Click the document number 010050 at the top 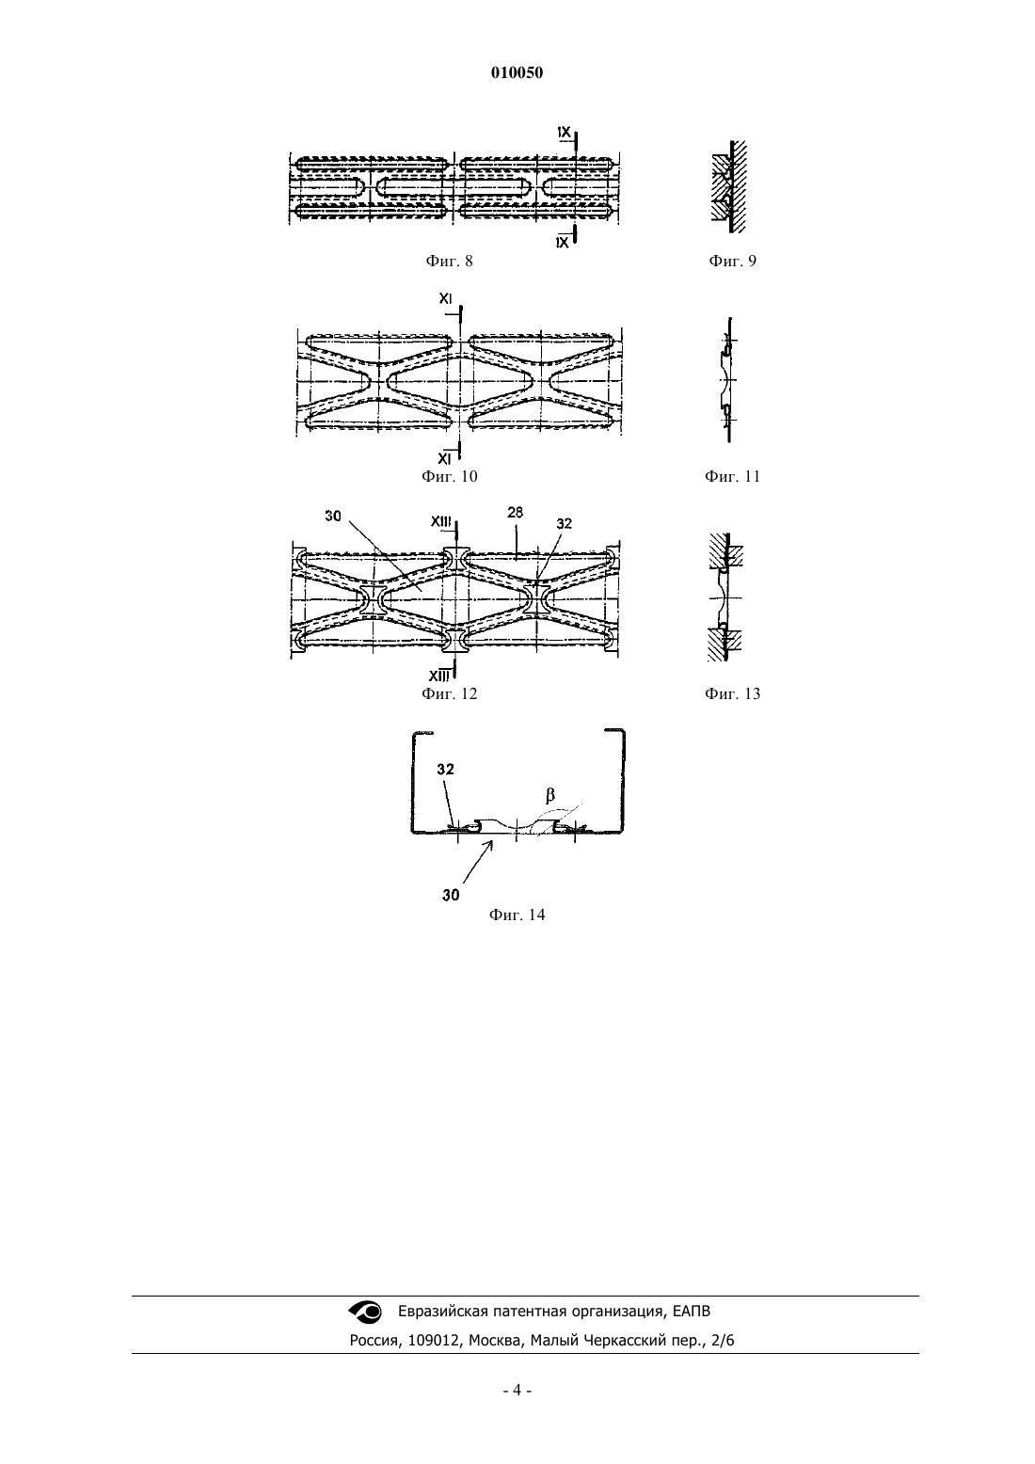tap(517, 72)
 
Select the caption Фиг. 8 tap(449, 261)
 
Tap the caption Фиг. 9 tap(732, 261)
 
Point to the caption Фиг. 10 tap(449, 476)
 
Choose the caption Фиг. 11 tap(732, 476)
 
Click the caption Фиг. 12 tap(449, 693)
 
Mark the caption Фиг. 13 tap(732, 693)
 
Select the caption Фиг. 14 tap(517, 915)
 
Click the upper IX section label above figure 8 tap(564, 132)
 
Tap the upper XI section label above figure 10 tap(446, 298)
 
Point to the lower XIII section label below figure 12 tap(439, 676)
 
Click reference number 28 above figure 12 tap(515, 513)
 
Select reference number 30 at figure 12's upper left tap(332, 516)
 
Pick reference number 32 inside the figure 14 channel tap(446, 770)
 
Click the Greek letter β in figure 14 tap(550, 795)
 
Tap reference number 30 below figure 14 tap(451, 895)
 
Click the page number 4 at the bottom tap(517, 1391)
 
